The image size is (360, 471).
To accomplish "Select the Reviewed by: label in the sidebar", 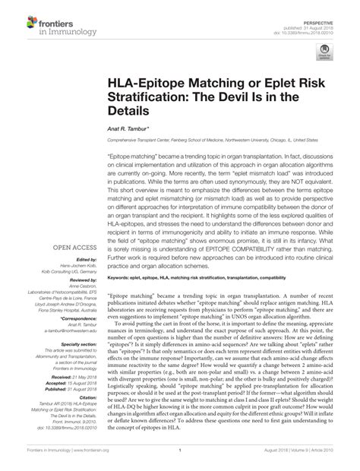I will point(75,282).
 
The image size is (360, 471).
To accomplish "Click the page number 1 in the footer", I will point(180,461).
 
